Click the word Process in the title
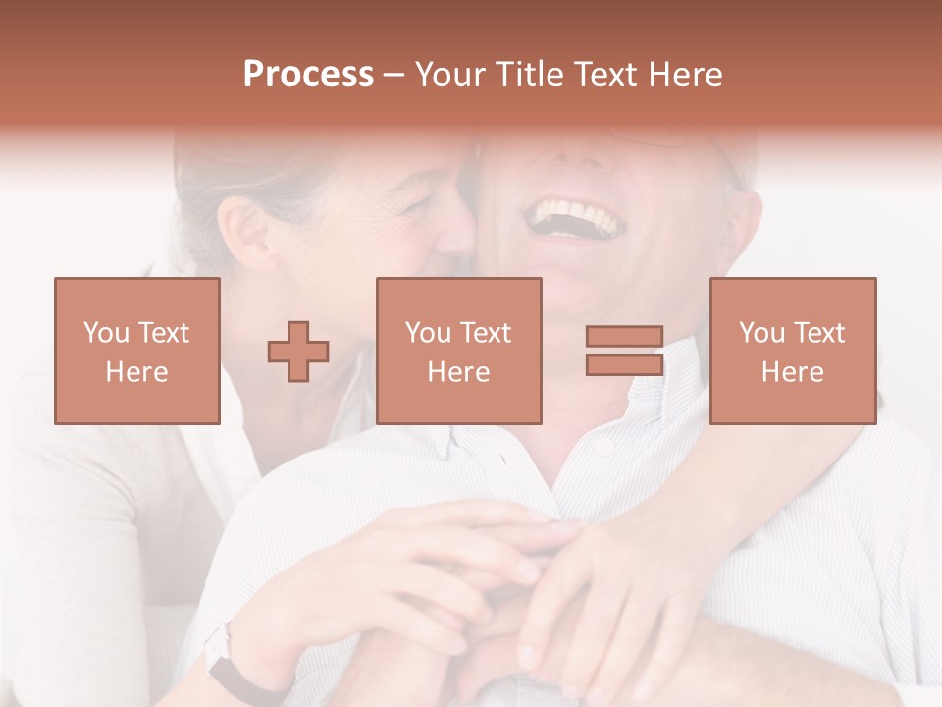coord(308,75)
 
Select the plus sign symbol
coord(298,352)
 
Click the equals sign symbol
coord(624,351)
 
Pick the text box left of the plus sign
coord(137,351)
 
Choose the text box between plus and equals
coord(459,351)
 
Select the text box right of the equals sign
coord(793,351)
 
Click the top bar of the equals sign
coord(624,337)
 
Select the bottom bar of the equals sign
coord(624,364)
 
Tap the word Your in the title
coord(447,75)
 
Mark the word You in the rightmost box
coord(760,333)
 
